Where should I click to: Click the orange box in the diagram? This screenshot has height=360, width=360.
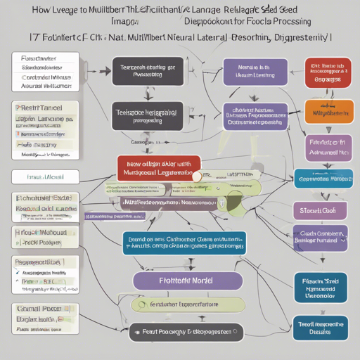pyautogui.click(x=329, y=111)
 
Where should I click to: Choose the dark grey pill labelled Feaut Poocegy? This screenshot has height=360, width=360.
pyautogui.click(x=184, y=332)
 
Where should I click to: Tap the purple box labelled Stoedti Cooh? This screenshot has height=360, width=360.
pyautogui.click(x=320, y=210)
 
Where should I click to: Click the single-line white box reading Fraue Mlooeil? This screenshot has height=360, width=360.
pyautogui.click(x=44, y=176)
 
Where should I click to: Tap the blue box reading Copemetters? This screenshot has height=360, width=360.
pyautogui.click(x=323, y=179)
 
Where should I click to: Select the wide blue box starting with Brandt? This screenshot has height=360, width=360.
pyautogui.click(x=184, y=243)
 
